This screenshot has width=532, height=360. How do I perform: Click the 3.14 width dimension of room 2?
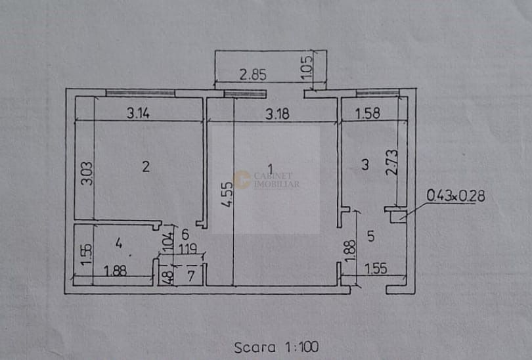pyautogui.click(x=139, y=113)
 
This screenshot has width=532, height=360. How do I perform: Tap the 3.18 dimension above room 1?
pyautogui.click(x=278, y=113)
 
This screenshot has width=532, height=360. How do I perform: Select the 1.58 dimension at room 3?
pyautogui.click(x=368, y=114)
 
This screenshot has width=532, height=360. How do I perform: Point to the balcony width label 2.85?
pyautogui.click(x=252, y=75)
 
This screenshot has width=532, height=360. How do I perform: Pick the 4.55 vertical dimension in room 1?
pyautogui.click(x=226, y=194)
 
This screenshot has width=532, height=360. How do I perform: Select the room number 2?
pyautogui.click(x=146, y=167)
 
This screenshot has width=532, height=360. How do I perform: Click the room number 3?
pyautogui.click(x=366, y=166)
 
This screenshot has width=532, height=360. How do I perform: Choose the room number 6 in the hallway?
pyautogui.click(x=185, y=234)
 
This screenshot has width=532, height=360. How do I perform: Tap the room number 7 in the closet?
pyautogui.click(x=190, y=275)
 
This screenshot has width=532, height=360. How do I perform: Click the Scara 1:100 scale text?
pyautogui.click(x=277, y=346)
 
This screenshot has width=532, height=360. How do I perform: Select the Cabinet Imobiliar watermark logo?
pyautogui.click(x=266, y=179)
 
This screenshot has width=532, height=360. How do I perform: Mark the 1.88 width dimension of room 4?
pyautogui.click(x=115, y=271)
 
